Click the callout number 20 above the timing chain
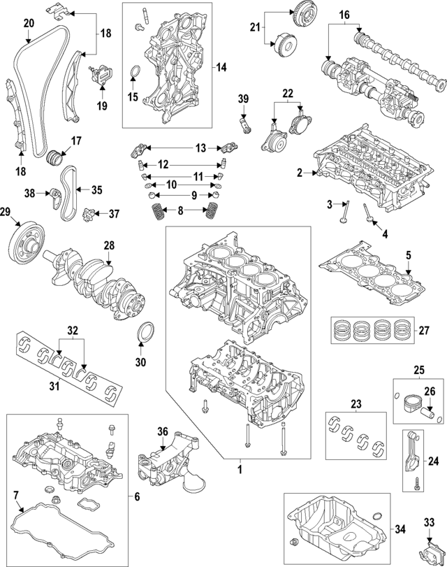point(28,23)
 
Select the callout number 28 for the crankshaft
point(108,245)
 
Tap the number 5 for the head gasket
point(409,255)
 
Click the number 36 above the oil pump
point(163,431)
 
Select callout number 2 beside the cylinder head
point(300,173)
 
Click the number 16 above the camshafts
point(344,15)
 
